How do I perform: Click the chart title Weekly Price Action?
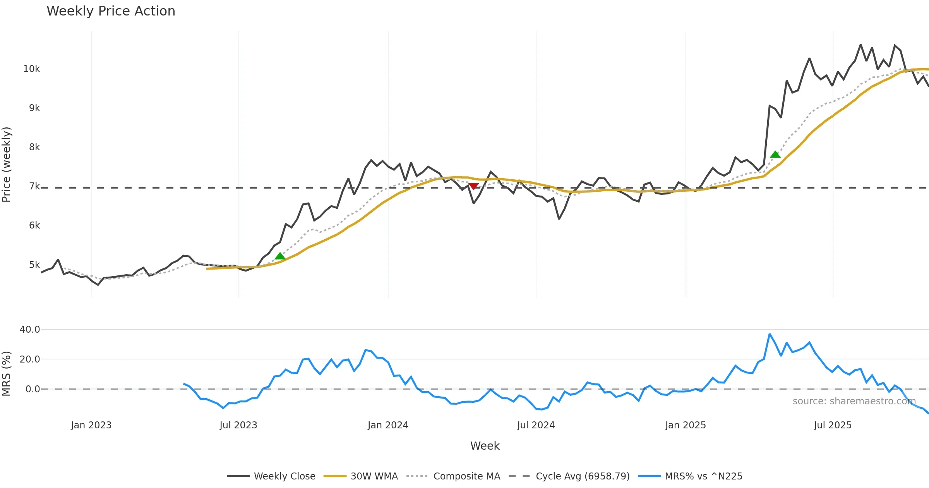click(x=111, y=11)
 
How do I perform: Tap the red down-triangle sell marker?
click(x=473, y=186)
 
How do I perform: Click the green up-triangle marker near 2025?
click(x=775, y=155)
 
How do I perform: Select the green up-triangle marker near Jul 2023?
click(x=280, y=256)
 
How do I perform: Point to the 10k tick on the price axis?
click(x=32, y=69)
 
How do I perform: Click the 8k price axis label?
click(x=34, y=147)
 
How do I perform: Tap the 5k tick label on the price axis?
click(x=34, y=265)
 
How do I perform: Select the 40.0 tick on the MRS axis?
click(x=30, y=330)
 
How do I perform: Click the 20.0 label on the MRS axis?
click(x=30, y=359)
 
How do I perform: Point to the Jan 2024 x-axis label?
click(x=388, y=425)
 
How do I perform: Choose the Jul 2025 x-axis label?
click(x=833, y=425)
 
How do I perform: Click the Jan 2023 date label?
click(x=91, y=425)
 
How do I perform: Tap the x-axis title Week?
click(x=485, y=446)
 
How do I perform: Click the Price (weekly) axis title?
click(x=7, y=165)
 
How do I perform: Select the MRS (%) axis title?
click(x=7, y=373)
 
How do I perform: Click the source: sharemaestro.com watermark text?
click(x=854, y=401)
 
